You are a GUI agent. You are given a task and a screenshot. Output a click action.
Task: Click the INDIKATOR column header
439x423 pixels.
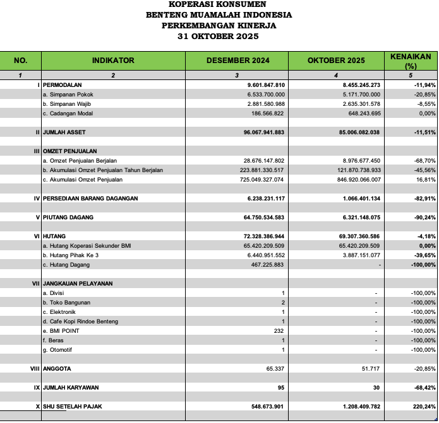click(113, 61)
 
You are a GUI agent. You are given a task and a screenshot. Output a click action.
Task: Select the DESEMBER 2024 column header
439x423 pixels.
click(237, 61)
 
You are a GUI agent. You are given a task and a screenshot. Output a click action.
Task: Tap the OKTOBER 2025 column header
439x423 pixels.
click(336, 61)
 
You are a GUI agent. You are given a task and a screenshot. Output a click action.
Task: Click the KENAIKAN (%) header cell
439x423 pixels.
click(411, 61)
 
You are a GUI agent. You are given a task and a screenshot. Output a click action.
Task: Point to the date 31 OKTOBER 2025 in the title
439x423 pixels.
click(219, 37)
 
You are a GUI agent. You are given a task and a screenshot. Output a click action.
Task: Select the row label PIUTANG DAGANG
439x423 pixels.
click(68, 217)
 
